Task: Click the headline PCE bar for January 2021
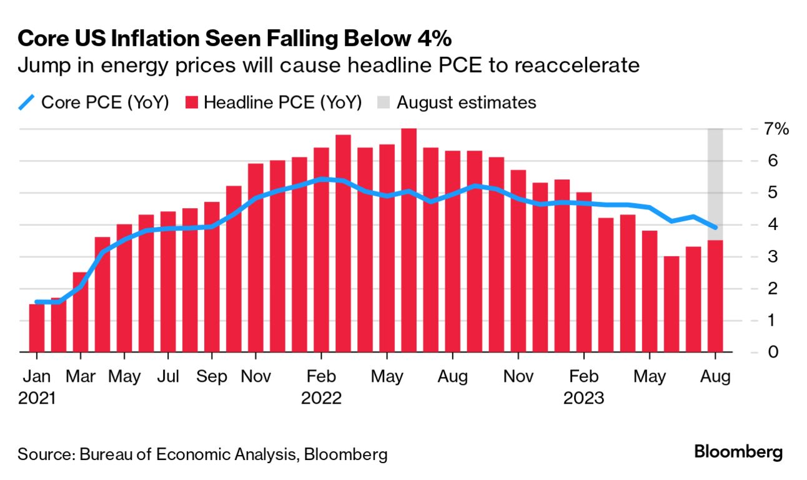click(x=37, y=328)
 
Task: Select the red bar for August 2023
click(x=715, y=296)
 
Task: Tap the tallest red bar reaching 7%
click(x=408, y=241)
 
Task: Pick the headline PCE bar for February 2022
click(x=321, y=250)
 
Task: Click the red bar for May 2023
click(x=650, y=291)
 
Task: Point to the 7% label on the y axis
click(x=776, y=129)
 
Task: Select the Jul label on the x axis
click(x=169, y=377)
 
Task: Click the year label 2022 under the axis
click(x=321, y=398)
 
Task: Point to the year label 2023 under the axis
click(x=583, y=398)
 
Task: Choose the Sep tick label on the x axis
click(x=212, y=377)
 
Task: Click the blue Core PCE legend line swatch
click(x=26, y=102)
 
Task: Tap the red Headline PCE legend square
click(x=192, y=102)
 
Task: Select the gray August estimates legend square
click(x=384, y=102)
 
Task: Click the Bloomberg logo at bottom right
click(x=738, y=452)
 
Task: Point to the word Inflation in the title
click(x=137, y=39)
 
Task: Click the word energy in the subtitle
click(x=103, y=66)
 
